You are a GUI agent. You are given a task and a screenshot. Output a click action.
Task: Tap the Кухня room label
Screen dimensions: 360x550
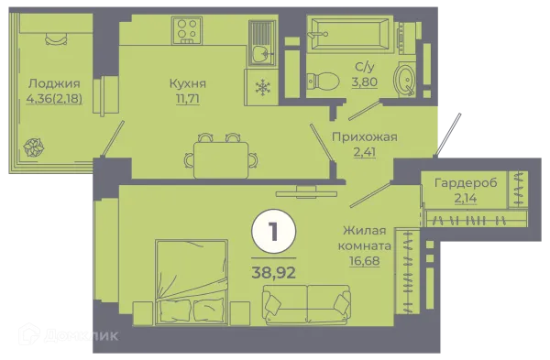tap(187, 84)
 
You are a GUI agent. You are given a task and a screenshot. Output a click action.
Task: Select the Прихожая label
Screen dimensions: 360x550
tap(364, 137)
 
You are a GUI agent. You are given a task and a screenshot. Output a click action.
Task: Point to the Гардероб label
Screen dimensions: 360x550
tap(467, 182)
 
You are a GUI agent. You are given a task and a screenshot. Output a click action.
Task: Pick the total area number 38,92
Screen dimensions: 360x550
tap(273, 272)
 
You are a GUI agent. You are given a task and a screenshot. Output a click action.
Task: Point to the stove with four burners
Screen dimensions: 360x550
tap(188, 30)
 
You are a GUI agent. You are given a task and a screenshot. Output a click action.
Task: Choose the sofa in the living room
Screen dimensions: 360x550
tap(306, 301)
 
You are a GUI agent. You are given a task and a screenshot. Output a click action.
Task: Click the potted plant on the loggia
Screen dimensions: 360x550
tap(34, 146)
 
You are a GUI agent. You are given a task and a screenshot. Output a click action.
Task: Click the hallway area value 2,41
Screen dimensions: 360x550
tap(364, 153)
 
